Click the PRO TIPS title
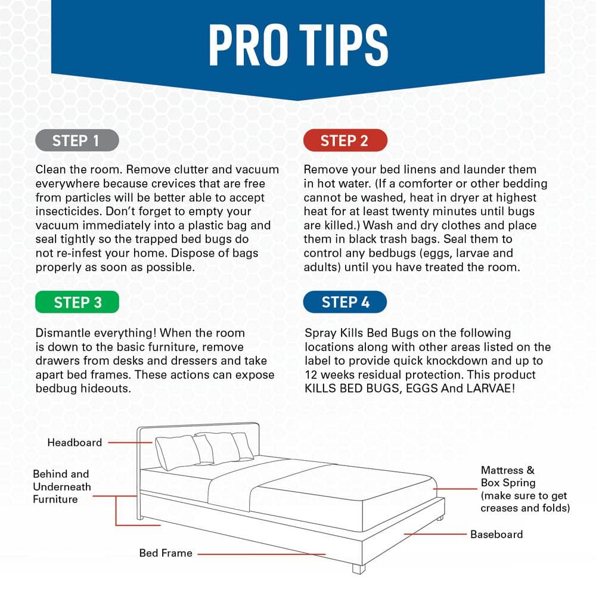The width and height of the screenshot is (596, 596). coord(299,45)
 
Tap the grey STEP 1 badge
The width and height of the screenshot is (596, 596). coord(77,140)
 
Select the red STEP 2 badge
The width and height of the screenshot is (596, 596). coord(345,140)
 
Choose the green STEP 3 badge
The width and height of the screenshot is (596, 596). coord(77,302)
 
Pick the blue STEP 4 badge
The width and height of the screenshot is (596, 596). coord(345,302)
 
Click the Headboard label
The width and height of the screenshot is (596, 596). coord(74,442)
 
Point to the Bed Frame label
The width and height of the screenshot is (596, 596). coord(166,553)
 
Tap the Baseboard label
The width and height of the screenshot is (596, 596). coord(496,535)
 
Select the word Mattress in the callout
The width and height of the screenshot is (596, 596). coord(502,470)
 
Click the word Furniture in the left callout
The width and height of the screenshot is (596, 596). coord(55,499)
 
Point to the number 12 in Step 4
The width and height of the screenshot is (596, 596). coord(311,375)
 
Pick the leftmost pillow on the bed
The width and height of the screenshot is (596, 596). coord(178,452)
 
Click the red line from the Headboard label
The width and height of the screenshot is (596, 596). coord(130,442)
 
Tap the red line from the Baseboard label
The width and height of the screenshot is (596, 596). coord(435,534)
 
